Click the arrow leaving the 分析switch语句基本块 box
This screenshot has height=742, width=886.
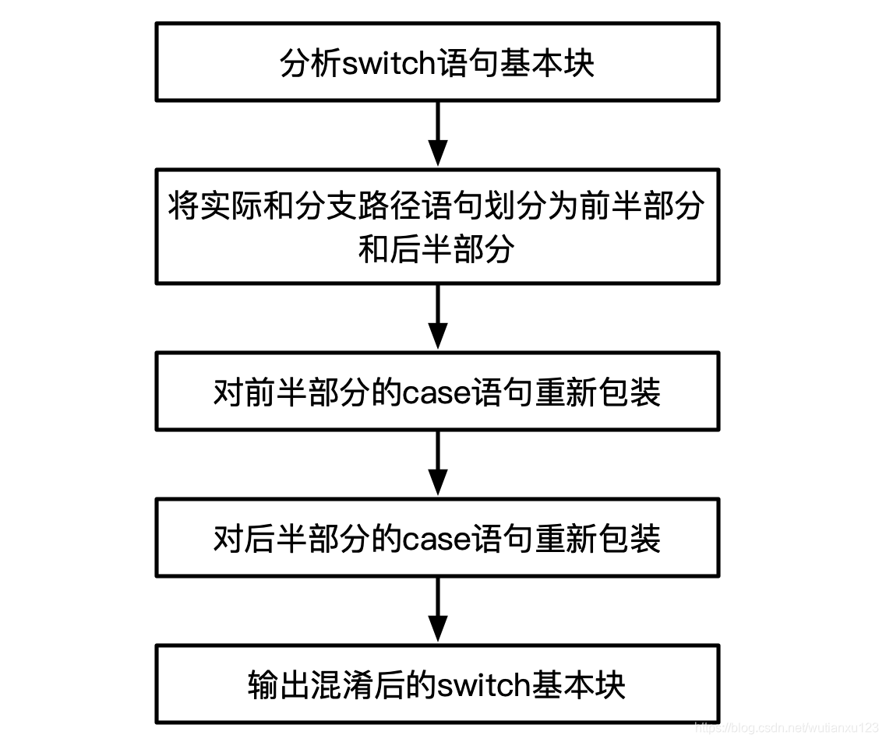click(x=438, y=134)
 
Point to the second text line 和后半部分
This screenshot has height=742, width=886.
click(x=436, y=251)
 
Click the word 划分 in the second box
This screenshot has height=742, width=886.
click(x=517, y=206)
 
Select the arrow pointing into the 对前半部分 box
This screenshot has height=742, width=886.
click(x=438, y=317)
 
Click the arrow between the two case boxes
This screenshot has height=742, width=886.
click(x=438, y=463)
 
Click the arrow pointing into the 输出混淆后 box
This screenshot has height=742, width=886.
click(x=438, y=610)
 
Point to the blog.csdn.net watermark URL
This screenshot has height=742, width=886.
click(x=787, y=728)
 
